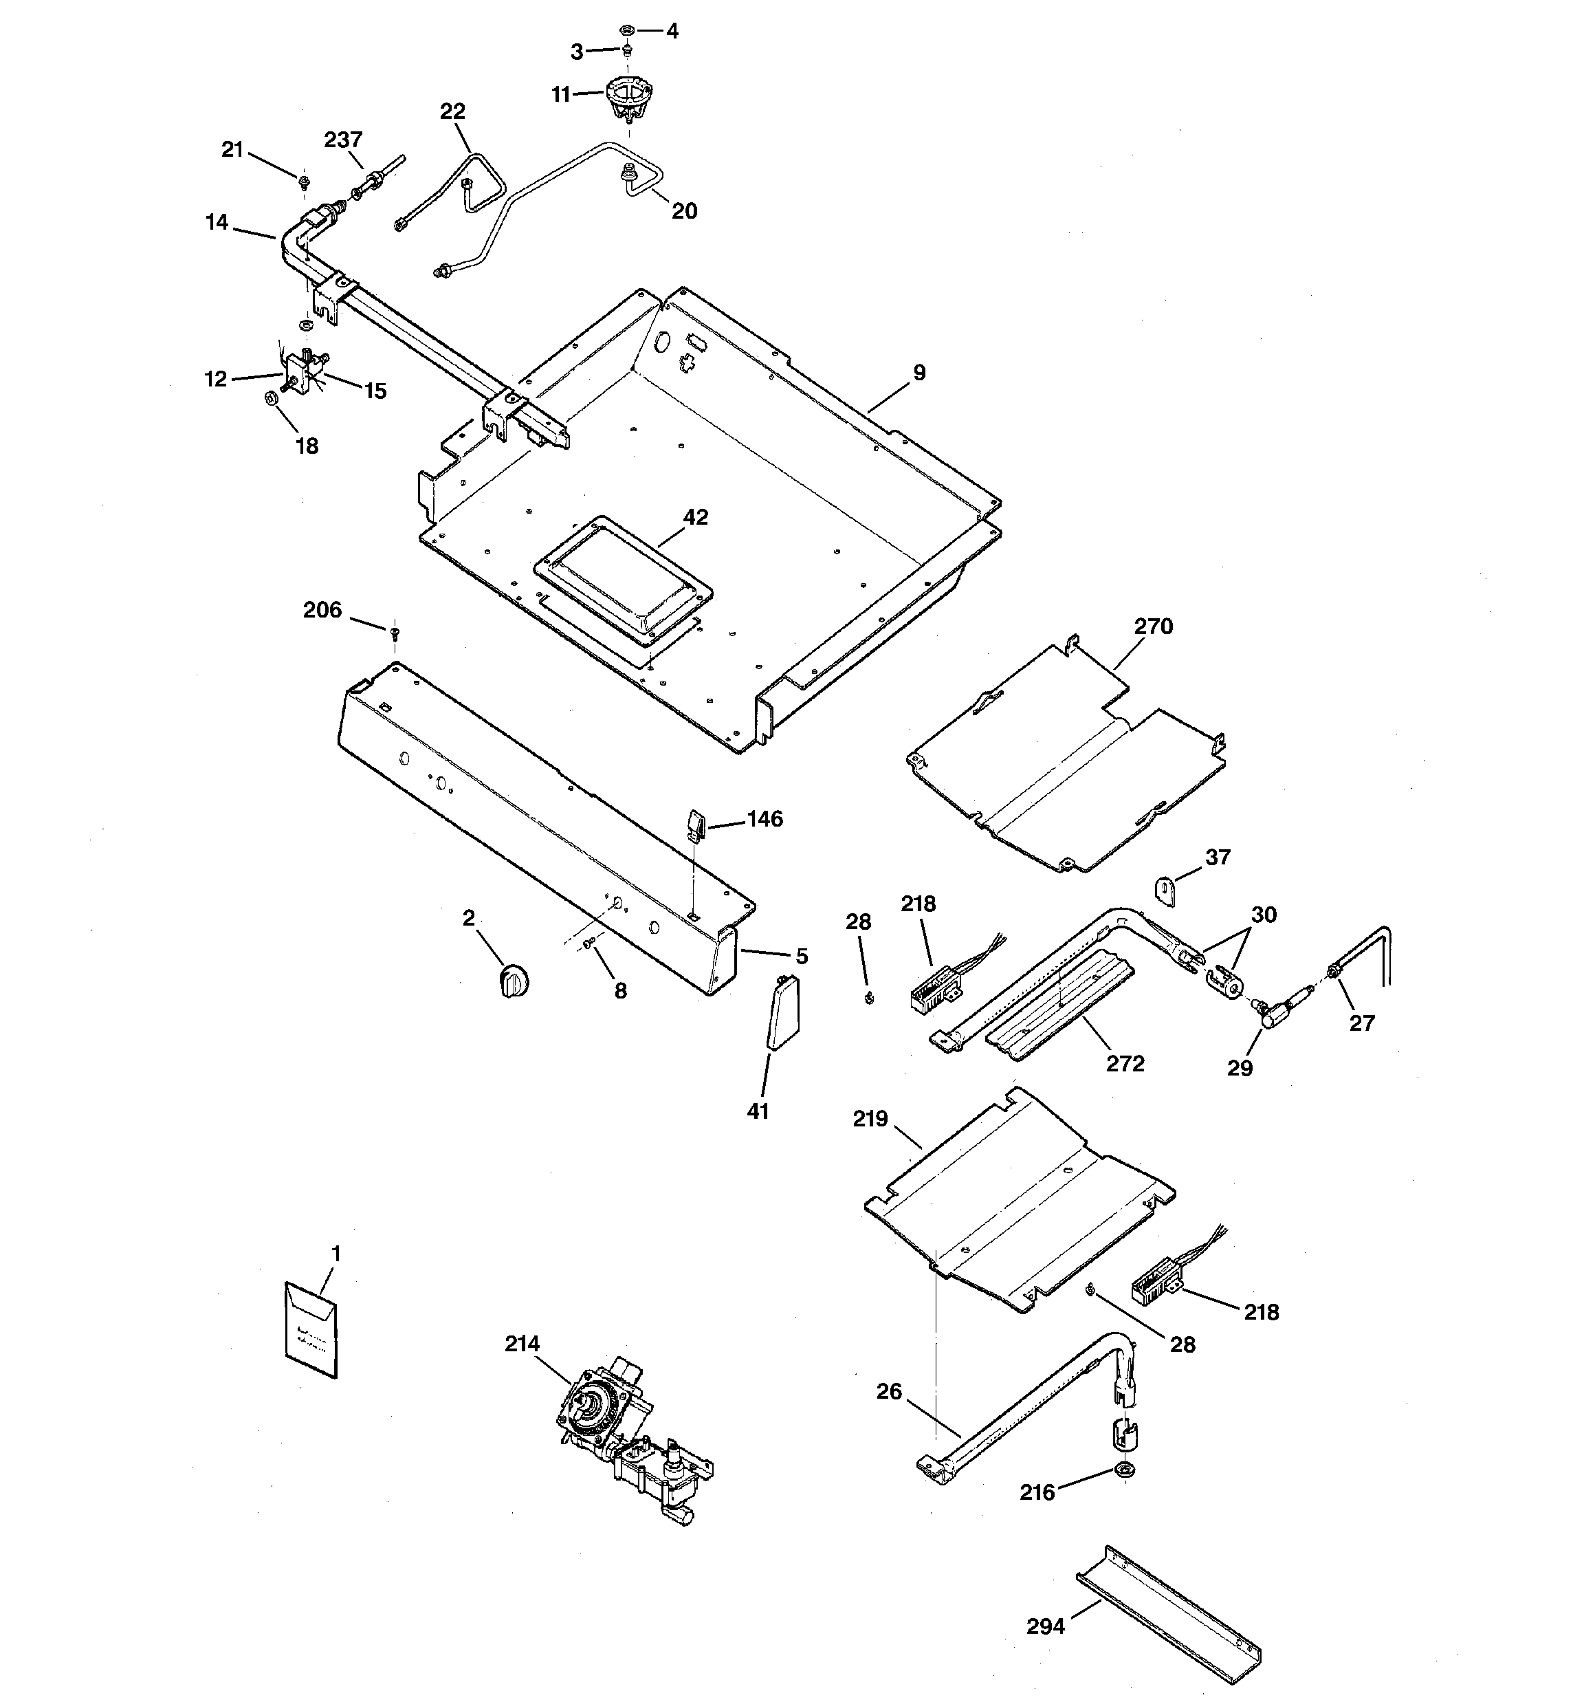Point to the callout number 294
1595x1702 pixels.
(1046, 1626)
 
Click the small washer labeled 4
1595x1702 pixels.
(627, 31)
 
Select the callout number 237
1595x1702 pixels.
(343, 140)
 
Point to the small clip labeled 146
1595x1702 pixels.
(695, 827)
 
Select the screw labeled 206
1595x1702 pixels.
(395, 633)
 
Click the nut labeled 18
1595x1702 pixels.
(269, 398)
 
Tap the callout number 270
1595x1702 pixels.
(1153, 626)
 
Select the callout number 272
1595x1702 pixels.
(1125, 1063)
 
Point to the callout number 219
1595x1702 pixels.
(870, 1119)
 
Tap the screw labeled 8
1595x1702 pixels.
(589, 941)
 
